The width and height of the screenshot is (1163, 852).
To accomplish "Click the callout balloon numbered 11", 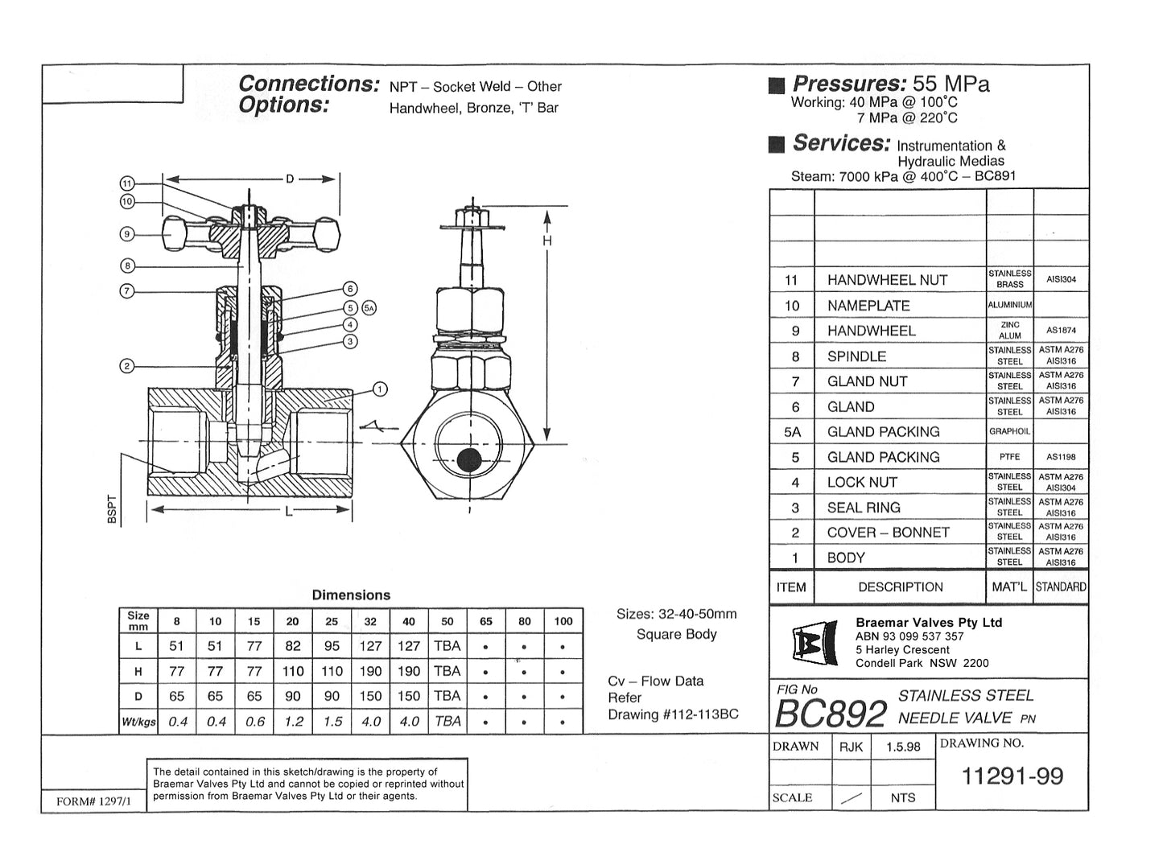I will point(127,183).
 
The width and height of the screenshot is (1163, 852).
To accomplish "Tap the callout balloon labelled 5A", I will point(369,307).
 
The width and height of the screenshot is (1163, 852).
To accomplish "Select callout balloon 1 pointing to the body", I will point(380,389).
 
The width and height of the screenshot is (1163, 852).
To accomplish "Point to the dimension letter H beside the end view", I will point(547,241).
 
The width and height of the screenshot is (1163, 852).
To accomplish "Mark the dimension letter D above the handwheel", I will point(290,179).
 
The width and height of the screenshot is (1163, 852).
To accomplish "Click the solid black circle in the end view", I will point(468,461).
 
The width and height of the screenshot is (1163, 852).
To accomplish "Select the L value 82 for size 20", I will point(293,646).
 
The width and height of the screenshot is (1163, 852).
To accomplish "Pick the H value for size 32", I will point(370,671).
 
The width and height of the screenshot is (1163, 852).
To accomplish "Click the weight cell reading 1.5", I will point(332,722).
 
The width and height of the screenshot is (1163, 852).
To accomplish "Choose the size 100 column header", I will point(563,621).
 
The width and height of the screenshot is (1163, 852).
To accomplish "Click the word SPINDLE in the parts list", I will point(856,356).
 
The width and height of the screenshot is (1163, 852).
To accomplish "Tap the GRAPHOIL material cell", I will point(1009,431).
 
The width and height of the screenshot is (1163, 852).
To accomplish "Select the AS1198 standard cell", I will point(1061,457).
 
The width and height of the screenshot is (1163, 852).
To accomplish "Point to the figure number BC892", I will point(830,713).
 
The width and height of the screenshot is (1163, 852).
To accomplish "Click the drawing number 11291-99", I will point(1012,776).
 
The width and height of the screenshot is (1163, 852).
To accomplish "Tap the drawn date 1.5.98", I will point(903,747).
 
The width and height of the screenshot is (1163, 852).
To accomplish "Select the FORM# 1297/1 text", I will point(88,801).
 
